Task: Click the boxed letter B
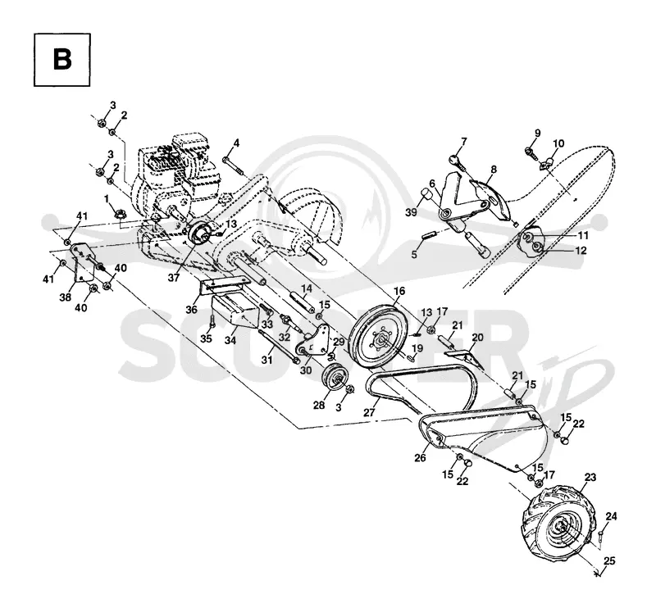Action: [62, 60]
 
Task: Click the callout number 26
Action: [420, 458]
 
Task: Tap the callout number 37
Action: [174, 277]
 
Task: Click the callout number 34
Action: [230, 340]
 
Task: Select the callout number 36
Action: [191, 310]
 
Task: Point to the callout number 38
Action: [65, 297]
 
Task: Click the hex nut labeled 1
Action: [121, 215]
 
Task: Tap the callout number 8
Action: [494, 170]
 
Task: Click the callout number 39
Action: [412, 212]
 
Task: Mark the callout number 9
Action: [538, 133]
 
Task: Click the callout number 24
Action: [611, 516]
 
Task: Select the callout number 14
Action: [307, 288]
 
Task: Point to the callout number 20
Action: [477, 338]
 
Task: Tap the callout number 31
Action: [267, 359]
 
